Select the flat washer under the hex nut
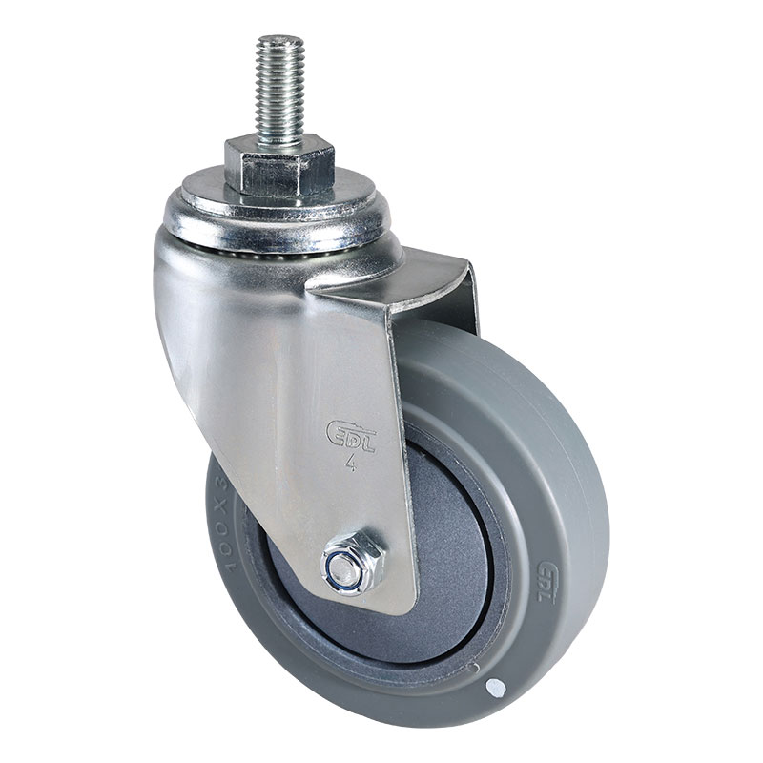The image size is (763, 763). [x=277, y=195]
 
